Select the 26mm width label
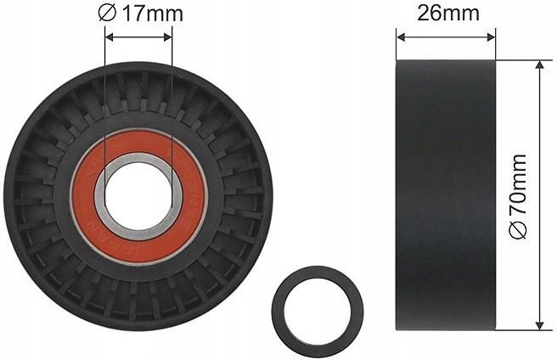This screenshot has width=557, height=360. pos(446,13)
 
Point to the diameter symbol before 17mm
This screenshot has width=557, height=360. pos(107,14)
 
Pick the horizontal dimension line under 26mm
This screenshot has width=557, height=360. pos(446,36)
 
